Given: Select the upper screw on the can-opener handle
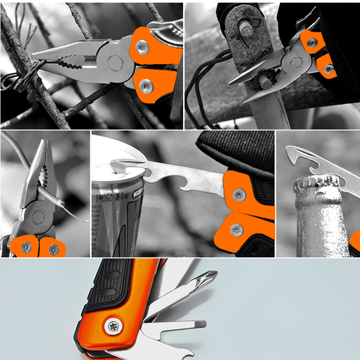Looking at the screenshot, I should [x=239, y=195].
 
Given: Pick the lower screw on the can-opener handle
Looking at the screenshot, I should [x=236, y=230].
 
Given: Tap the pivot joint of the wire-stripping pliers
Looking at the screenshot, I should [x=38, y=218].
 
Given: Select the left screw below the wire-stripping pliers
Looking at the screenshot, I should [x=26, y=247].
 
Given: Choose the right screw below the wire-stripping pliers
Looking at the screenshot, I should [x=53, y=249].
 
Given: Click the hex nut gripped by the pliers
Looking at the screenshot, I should [x=265, y=83].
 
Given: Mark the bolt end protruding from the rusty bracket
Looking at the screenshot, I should [x=246, y=30].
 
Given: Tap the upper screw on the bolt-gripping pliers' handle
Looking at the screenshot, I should [x=312, y=43].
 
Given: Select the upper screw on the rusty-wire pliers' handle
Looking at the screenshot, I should [x=142, y=46].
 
